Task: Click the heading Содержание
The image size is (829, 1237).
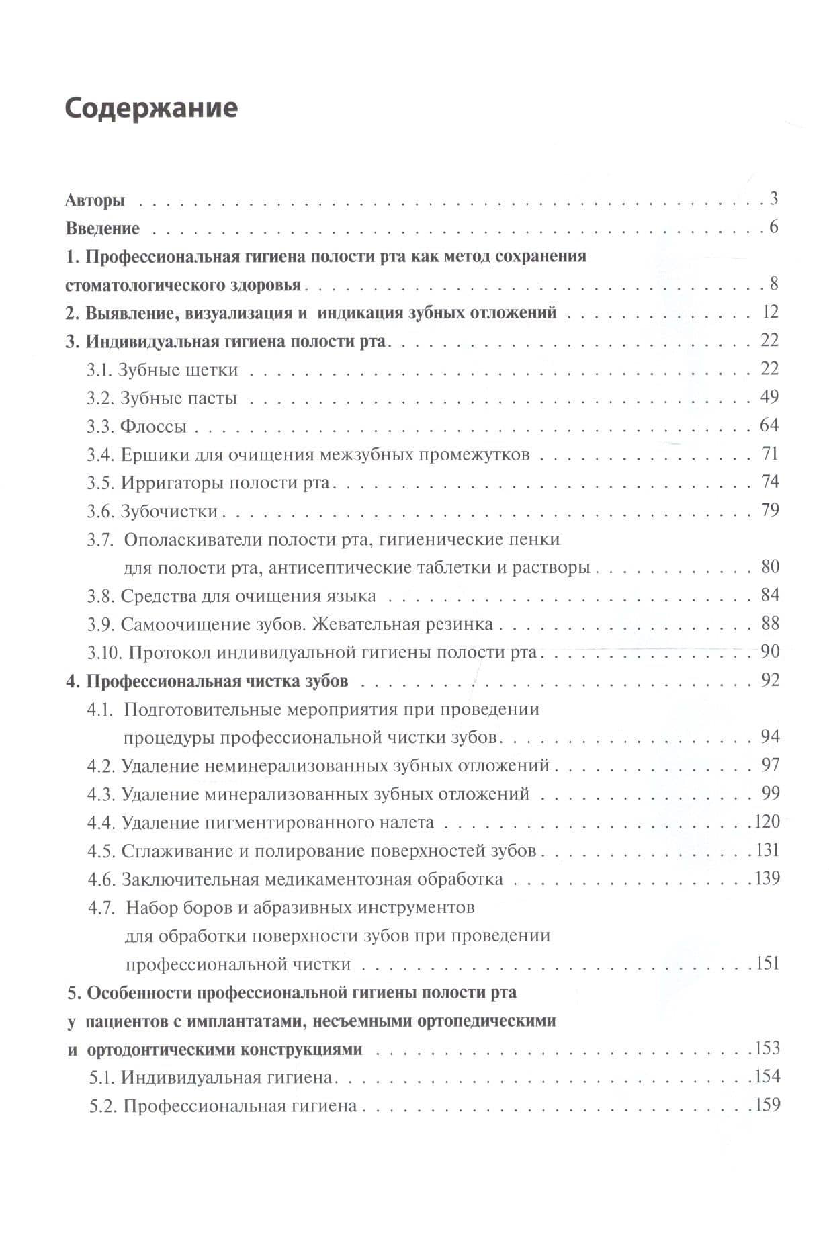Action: (151, 108)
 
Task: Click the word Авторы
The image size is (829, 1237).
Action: (95, 200)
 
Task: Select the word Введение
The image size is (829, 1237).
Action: (103, 228)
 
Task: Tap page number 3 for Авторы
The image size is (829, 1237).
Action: (774, 198)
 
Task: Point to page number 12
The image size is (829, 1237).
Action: (770, 312)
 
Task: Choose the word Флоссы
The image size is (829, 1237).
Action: (153, 427)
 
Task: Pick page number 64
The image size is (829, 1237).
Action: (769, 425)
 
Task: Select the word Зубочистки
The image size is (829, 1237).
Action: (169, 511)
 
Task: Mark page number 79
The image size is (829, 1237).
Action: (770, 510)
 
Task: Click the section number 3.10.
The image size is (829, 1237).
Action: (104, 652)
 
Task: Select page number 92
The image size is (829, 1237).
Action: (770, 680)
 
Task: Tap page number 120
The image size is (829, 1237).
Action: (767, 821)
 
